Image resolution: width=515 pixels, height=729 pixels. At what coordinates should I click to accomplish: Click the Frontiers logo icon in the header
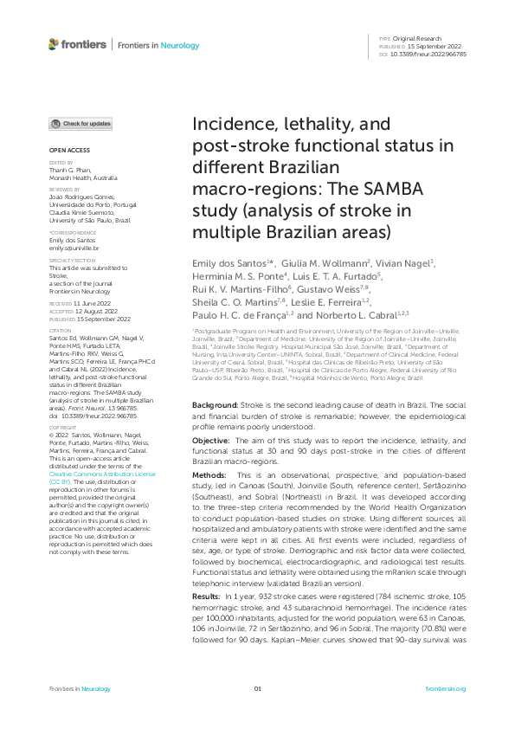click(55, 44)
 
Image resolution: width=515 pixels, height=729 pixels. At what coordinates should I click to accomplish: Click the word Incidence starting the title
click(230, 125)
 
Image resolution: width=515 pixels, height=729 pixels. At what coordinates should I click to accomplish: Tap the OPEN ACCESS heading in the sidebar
click(65, 150)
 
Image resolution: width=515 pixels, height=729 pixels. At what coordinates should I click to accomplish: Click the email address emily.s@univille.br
click(74, 248)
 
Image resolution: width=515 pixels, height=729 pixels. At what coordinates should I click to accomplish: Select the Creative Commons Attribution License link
click(102, 474)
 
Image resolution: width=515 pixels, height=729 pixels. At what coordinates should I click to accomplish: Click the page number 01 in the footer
click(257, 688)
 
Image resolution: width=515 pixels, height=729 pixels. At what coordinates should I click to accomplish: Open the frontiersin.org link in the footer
click(447, 688)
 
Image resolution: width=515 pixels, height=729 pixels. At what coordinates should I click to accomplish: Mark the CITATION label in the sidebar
click(60, 330)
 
